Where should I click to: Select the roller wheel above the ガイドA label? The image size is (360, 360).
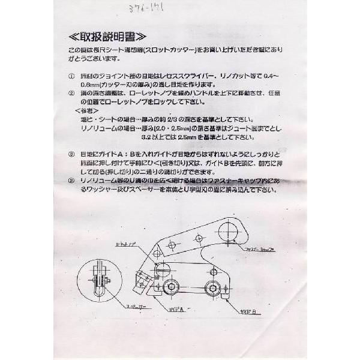pos(173,287)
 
